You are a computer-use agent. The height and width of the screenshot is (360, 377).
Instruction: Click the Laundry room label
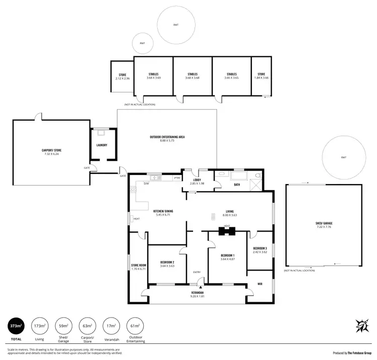pos(102,145)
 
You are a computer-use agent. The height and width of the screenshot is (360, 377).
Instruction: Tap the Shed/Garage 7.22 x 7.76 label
pos(324,225)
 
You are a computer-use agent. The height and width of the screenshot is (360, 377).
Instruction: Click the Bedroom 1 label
pos(228,257)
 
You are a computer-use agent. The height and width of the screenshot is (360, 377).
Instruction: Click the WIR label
pos(259,284)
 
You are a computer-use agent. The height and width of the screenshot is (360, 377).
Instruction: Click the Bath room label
pos(236,185)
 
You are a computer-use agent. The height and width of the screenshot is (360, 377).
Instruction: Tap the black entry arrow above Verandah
pos(200,286)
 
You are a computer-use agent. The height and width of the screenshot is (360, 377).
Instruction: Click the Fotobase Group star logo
pos(360,326)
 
